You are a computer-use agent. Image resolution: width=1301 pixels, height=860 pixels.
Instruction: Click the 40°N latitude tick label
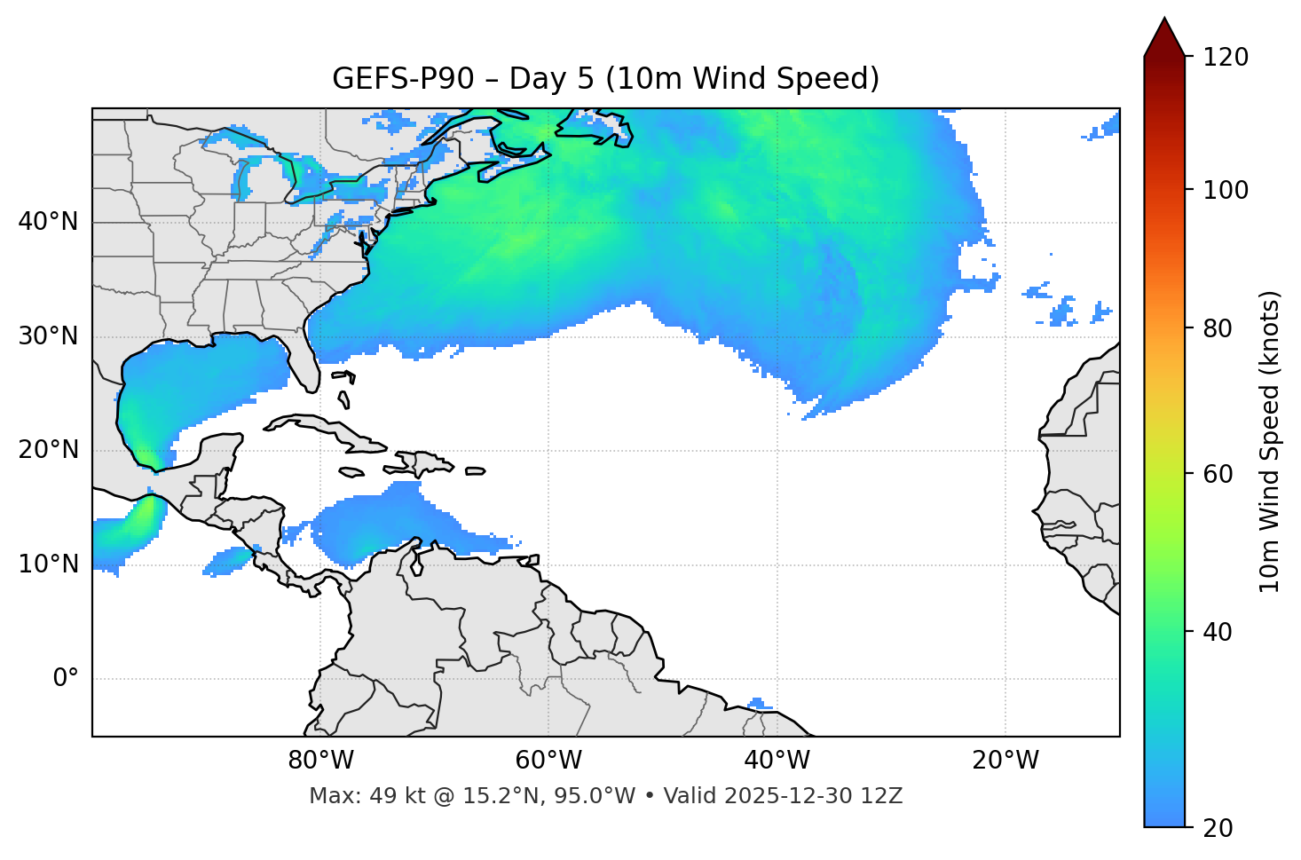pos(48,222)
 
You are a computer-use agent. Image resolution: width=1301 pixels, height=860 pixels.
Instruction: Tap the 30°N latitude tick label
pos(48,336)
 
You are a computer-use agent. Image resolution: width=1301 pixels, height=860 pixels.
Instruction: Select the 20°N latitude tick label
pos(48,450)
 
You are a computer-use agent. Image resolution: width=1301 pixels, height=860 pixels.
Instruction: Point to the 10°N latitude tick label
pos(48,564)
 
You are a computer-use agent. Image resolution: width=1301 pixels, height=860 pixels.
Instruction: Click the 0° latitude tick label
pos(66,679)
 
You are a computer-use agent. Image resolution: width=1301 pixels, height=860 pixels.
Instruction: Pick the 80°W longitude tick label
pos(320,761)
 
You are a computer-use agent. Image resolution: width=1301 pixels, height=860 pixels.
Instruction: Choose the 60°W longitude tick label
pos(548,761)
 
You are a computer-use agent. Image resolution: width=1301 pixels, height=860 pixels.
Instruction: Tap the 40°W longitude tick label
pos(777,761)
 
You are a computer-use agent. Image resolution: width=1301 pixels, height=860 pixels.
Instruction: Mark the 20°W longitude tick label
pos(1005,761)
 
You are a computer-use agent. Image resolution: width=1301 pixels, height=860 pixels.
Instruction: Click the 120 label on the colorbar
pos(1226,58)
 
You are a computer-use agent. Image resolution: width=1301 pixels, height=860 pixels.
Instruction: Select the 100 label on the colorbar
pos(1226,190)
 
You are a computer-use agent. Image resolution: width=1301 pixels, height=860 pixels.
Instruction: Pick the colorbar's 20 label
pos(1218,828)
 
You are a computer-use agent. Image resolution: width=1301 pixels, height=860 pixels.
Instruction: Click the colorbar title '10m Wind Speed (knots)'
pos(1270,442)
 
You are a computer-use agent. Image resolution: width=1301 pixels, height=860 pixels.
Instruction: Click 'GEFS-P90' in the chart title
pos(403,79)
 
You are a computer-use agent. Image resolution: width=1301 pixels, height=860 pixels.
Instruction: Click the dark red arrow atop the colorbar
pos(1164,38)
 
